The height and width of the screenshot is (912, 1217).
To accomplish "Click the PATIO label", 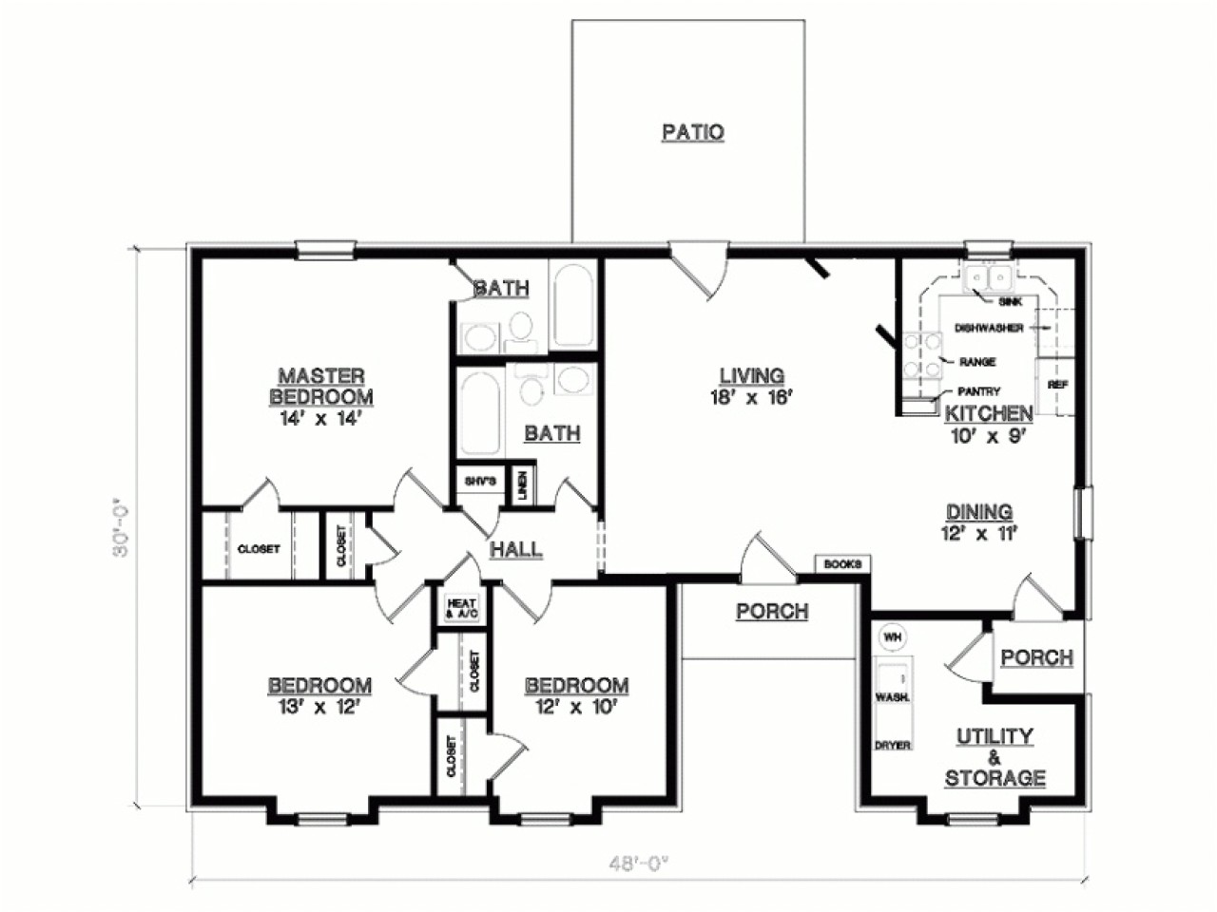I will point(692,132).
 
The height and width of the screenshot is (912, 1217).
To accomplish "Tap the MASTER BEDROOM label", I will point(321,387).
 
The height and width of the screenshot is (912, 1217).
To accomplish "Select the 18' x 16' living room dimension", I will point(751,399).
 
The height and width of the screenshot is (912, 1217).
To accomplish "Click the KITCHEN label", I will point(988,413).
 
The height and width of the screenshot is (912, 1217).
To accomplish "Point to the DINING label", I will point(979,513).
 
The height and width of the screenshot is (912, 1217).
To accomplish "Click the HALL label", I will point(516,549).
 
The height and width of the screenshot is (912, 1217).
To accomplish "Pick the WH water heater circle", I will point(892,637).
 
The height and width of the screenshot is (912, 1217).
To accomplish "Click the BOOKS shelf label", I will point(841,564).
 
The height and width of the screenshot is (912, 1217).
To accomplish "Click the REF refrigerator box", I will point(1055,385).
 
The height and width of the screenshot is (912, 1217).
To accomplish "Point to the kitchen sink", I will point(988,277).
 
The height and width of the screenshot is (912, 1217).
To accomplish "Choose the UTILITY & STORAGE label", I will point(995,757).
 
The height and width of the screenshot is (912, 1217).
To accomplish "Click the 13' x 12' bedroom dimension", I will point(319,706).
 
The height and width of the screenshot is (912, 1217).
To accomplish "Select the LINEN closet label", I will point(523,485).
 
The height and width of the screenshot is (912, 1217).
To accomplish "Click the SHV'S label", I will point(480,482).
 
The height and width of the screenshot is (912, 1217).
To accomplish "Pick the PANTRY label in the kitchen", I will point(978,390).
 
